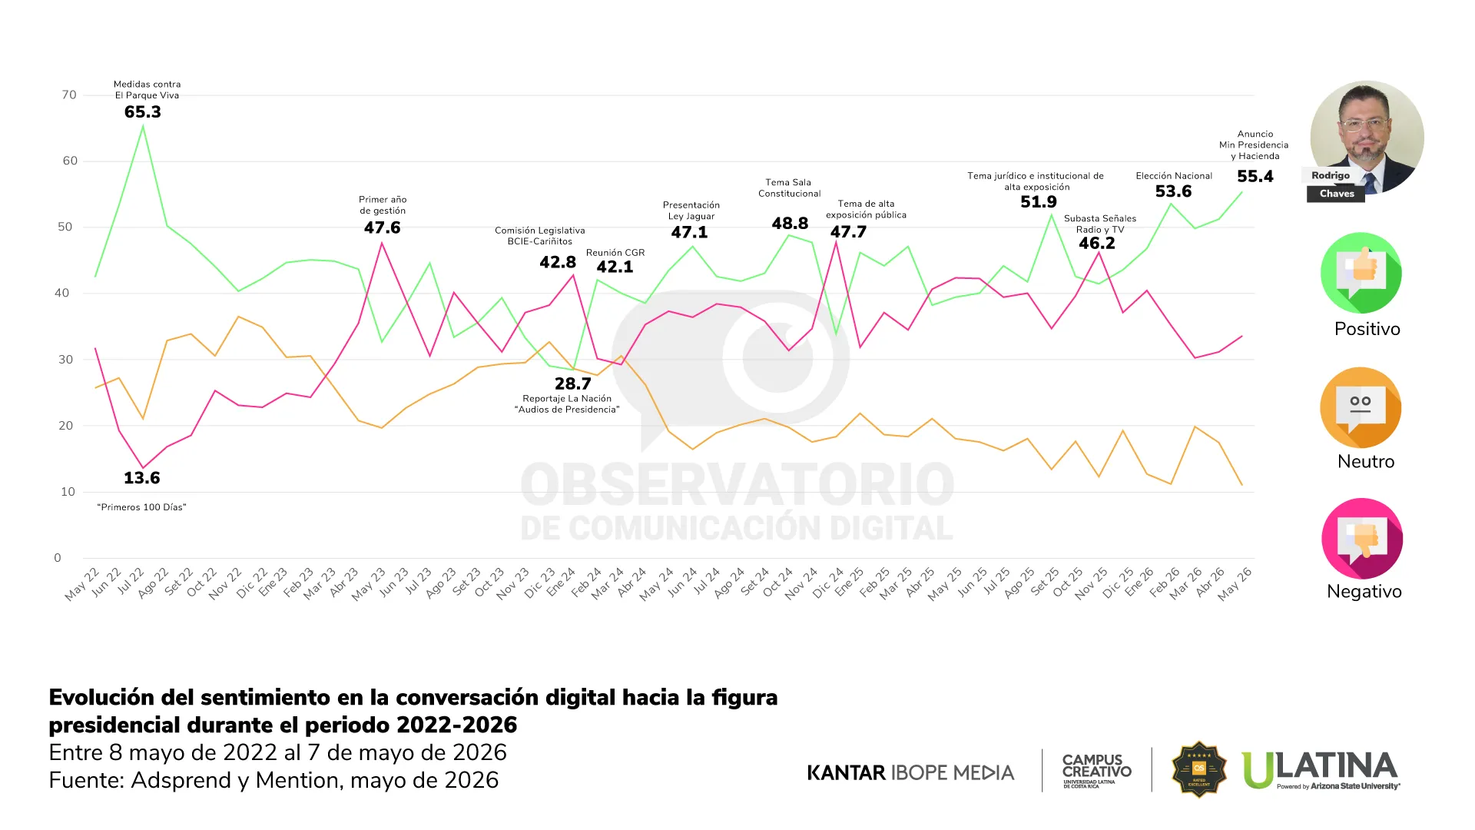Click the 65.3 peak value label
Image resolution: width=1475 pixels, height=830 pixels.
(143, 112)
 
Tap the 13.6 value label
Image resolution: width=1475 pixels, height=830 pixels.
(142, 478)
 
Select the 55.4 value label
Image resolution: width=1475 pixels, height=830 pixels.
(1255, 177)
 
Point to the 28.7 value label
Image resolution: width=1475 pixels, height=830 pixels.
(573, 383)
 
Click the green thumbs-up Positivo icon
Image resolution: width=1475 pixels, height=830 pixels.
(1361, 273)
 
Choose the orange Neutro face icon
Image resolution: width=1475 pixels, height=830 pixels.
(1361, 407)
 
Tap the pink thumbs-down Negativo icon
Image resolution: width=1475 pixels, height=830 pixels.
(1362, 539)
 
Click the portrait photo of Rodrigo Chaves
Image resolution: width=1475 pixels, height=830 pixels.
(1367, 138)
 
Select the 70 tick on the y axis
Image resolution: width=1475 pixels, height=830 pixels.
(69, 95)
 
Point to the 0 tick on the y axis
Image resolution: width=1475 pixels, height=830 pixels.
(58, 558)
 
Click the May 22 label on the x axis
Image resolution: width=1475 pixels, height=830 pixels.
(82, 584)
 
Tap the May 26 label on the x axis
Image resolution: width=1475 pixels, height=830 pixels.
(1235, 584)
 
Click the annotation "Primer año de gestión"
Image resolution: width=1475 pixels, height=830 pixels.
(383, 205)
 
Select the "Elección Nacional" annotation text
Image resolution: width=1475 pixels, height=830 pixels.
(1174, 176)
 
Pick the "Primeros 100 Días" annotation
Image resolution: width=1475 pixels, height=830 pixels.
(142, 507)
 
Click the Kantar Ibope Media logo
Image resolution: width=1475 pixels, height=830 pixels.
(910, 772)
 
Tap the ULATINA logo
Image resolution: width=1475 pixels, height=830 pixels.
(1321, 770)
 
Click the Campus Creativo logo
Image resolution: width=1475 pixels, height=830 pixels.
(1096, 770)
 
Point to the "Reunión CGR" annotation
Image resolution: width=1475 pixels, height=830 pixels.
(615, 253)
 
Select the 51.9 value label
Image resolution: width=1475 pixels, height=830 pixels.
(1039, 202)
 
